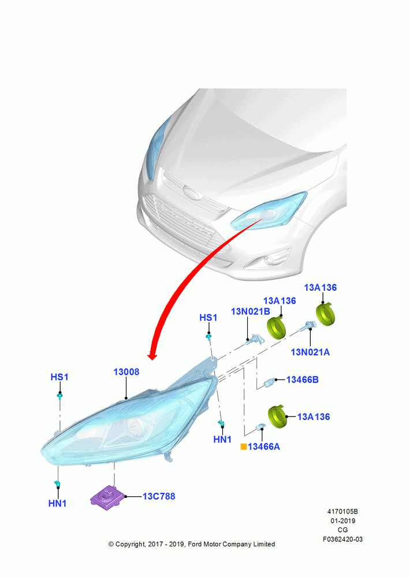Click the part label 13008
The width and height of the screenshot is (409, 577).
tap(127, 372)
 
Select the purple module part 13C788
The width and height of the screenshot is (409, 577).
tap(106, 497)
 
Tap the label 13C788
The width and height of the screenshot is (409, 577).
tap(159, 496)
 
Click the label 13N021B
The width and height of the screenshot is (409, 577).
tap(251, 312)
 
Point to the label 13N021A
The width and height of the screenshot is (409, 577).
tap(310, 353)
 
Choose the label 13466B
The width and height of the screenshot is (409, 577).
tap(303, 380)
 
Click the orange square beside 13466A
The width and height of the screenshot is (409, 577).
tap(244, 447)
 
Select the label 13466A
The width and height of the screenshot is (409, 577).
tap(264, 447)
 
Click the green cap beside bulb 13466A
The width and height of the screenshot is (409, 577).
tap(277, 417)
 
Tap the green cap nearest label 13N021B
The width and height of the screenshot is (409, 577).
tap(276, 328)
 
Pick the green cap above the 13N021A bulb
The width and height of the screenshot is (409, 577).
tap(326, 314)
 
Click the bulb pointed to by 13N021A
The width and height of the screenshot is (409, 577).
tap(308, 326)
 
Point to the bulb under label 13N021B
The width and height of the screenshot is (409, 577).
tap(255, 340)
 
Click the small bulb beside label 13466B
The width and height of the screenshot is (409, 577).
tap(270, 383)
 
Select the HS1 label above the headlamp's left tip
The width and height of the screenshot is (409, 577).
tap(60, 377)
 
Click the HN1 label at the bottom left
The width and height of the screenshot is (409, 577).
tap(58, 503)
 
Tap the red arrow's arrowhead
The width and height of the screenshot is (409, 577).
tap(152, 356)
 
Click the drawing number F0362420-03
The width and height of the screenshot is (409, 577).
tap(343, 539)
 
